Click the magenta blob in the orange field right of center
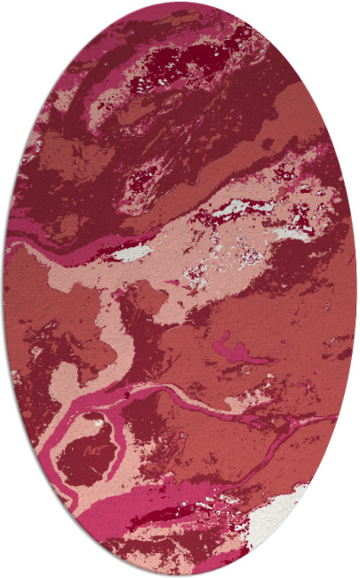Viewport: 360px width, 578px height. click(233, 349)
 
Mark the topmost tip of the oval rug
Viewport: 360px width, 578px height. click(180, 3)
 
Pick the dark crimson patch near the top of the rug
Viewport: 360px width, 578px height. click(182, 62)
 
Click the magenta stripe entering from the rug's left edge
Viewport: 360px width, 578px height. click(44, 245)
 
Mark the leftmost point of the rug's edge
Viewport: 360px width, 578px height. click(4, 289)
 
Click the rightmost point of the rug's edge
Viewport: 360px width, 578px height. click(356, 289)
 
